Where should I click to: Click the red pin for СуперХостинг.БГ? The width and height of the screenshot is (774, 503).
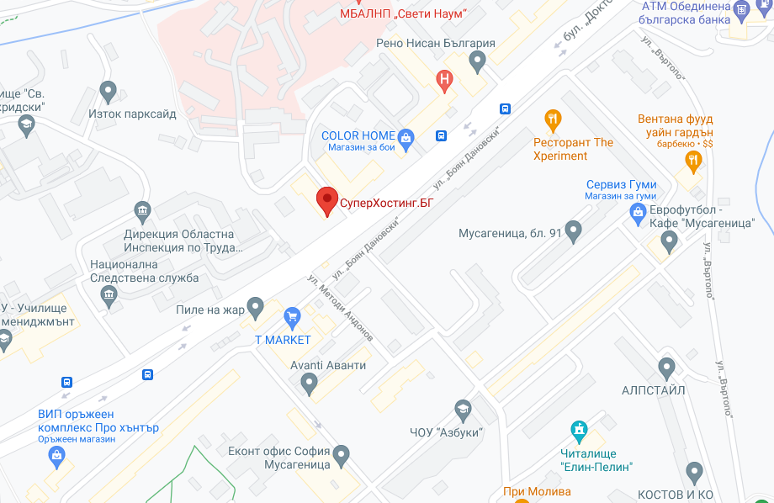[326, 200]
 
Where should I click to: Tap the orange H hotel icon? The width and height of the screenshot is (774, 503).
[444, 80]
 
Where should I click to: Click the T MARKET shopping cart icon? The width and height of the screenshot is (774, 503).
[293, 317]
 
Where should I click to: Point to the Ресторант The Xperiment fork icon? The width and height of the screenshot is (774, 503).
[553, 119]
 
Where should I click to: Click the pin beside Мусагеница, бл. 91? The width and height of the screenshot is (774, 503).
[574, 229]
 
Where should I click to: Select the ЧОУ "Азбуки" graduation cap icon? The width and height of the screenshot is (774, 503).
[462, 410]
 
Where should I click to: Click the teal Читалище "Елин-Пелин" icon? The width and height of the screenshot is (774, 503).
[578, 432]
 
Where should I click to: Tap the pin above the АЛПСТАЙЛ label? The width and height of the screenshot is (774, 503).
[667, 368]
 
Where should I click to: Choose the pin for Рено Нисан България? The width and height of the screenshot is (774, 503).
[477, 61]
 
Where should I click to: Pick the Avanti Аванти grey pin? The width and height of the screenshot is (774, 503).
[309, 384]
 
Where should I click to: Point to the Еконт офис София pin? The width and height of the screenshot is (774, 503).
[341, 456]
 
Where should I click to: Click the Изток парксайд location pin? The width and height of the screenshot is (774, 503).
[108, 91]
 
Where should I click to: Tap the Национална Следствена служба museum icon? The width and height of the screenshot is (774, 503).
[109, 294]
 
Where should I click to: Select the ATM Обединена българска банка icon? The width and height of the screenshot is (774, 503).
[741, 10]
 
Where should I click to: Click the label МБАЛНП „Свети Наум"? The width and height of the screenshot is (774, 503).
[402, 14]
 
